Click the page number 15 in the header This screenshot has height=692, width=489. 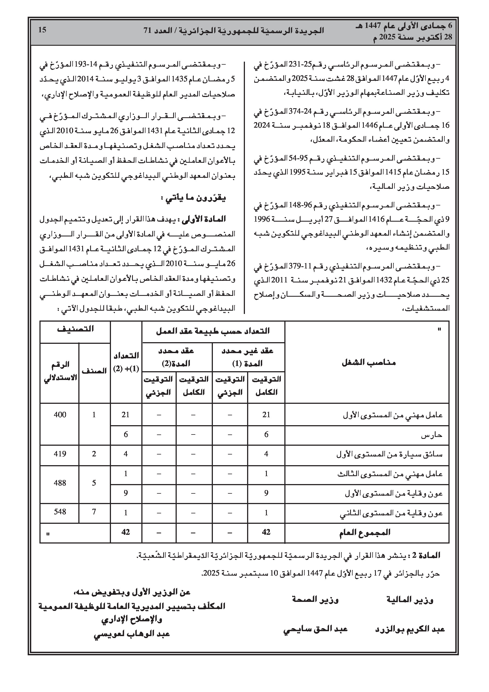42,30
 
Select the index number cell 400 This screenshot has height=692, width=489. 60,415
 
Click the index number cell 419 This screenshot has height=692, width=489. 60,454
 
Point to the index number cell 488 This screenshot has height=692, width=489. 60,482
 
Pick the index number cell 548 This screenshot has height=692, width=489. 60,511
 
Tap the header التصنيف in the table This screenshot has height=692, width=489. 75,329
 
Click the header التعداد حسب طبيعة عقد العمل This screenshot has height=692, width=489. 213,331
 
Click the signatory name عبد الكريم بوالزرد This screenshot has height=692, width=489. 410,629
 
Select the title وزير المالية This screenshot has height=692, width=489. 410,600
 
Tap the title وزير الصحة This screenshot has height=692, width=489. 315,599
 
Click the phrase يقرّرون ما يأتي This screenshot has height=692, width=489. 193,198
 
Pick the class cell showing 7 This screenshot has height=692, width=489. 94,511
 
